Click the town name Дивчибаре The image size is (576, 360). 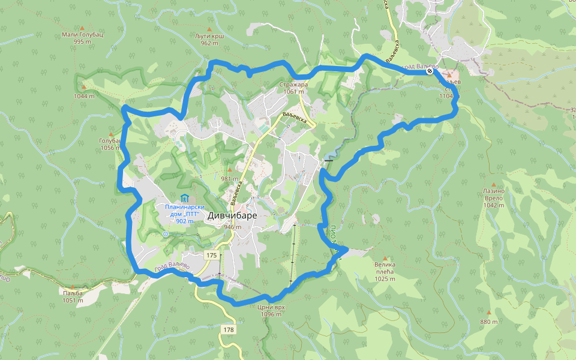pyautogui.click(x=233, y=215)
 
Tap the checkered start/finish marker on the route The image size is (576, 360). pyautogui.click(x=430, y=71)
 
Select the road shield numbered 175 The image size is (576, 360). pyautogui.click(x=211, y=256)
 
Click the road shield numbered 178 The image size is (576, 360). pyautogui.click(x=228, y=330)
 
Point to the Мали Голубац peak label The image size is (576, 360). pyautogui.click(x=83, y=35)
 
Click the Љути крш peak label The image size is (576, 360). pyautogui.click(x=209, y=36)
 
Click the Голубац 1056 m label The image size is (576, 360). pyautogui.click(x=111, y=144)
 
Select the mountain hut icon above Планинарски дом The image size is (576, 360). pyautogui.click(x=185, y=198)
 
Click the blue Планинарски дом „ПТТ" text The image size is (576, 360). pyautogui.click(x=185, y=211)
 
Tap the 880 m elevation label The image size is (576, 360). pyautogui.click(x=489, y=322)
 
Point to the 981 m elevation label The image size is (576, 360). pyautogui.click(x=230, y=178)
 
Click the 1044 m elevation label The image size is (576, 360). pyautogui.click(x=84, y=96)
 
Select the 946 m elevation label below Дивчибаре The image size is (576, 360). pyautogui.click(x=233, y=227)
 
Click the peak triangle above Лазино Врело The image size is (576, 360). pyautogui.click(x=494, y=185)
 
